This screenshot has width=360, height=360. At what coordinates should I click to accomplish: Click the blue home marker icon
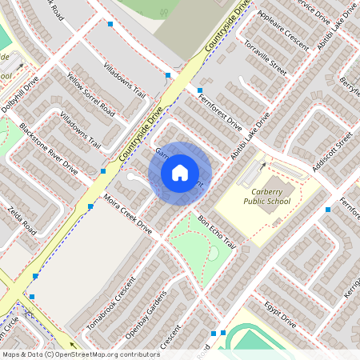(180, 172)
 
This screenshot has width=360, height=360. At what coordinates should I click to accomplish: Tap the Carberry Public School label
(267, 197)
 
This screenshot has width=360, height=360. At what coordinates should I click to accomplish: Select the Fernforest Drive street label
(218, 112)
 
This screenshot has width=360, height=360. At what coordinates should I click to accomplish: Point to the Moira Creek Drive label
(126, 214)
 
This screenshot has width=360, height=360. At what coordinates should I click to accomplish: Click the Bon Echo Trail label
(218, 231)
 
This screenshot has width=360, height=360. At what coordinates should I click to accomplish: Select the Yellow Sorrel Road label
(90, 95)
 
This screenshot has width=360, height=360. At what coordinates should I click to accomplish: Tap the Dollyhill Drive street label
(19, 94)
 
